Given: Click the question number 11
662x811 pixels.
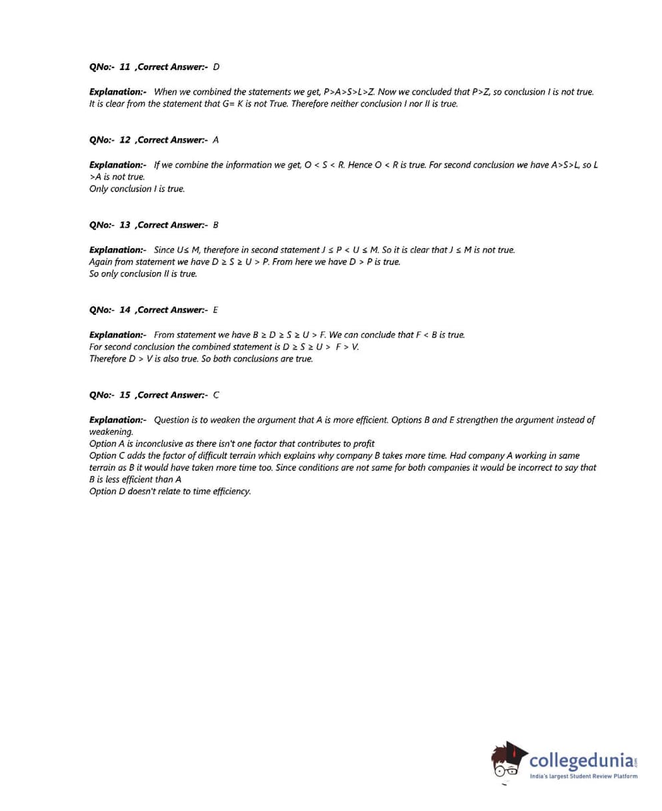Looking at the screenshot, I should (125, 67).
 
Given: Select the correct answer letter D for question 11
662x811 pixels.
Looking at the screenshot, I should (216, 67).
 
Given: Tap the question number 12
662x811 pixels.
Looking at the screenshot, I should (125, 139).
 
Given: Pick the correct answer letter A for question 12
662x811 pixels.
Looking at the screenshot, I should (216, 139).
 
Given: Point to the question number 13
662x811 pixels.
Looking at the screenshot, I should (125, 225).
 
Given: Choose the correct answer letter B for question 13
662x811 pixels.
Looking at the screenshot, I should (216, 225).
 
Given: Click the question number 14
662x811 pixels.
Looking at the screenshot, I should (125, 309).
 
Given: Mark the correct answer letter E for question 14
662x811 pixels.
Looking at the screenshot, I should (216, 309).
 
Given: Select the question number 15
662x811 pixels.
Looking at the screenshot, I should (125, 395).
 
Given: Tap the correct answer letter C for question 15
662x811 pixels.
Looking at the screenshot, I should (216, 395).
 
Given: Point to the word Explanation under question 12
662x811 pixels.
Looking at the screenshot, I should (117, 164).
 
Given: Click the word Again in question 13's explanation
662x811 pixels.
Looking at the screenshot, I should (100, 261).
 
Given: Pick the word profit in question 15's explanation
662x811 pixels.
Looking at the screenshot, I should (363, 444).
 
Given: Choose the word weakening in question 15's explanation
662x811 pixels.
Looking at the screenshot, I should (111, 432).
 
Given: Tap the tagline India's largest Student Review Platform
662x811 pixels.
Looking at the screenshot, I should (583, 776).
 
